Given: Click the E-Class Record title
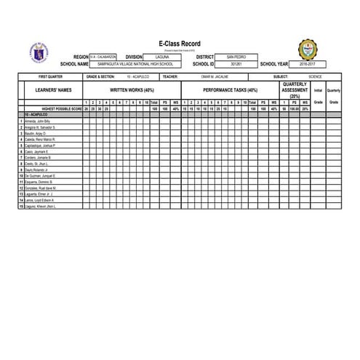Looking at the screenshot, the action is click(179, 44).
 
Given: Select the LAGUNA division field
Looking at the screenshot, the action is click(162, 57).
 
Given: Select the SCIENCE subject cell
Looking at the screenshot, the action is click(315, 76).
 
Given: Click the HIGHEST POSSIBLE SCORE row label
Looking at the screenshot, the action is click(55, 108).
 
